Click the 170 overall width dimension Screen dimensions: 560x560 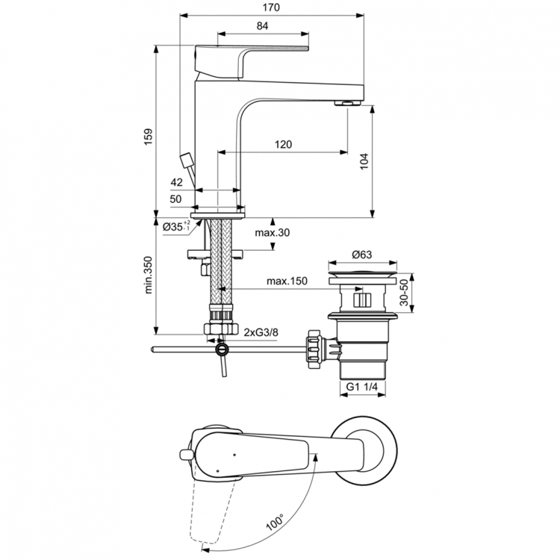coord(273,7)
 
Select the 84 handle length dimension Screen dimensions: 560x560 coord(262,26)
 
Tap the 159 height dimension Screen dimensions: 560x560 coord(148,134)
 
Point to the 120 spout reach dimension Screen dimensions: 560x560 coord(282,145)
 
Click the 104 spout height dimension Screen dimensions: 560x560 coord(364,160)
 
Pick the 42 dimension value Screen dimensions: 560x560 coord(177,182)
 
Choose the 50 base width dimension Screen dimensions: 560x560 coord(176,199)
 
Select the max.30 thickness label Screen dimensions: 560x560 coord(272,233)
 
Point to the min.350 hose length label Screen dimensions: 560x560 coord(148,278)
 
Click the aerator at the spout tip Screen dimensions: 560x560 coord(349,103)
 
